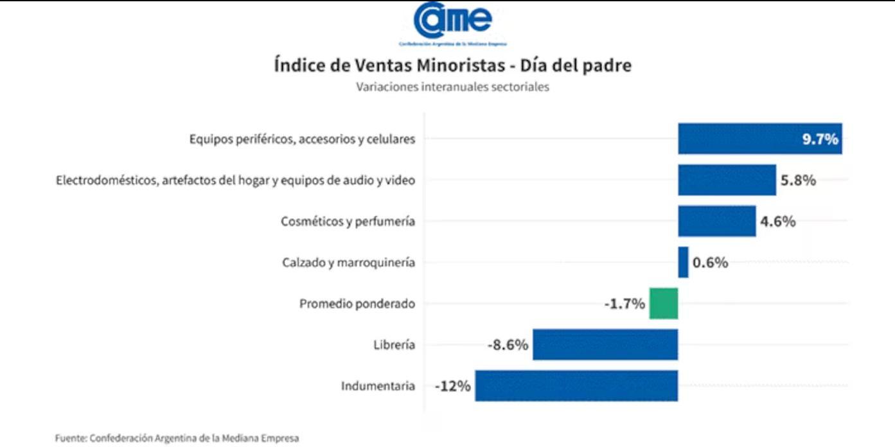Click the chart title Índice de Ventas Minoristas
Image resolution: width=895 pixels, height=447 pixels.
click(x=452, y=66)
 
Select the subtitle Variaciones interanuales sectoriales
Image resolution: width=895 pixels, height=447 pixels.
click(x=452, y=87)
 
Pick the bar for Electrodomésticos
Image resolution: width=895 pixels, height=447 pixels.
click(x=727, y=180)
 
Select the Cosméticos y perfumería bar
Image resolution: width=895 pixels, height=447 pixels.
click(x=716, y=221)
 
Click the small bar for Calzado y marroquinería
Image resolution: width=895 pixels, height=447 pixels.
click(x=683, y=262)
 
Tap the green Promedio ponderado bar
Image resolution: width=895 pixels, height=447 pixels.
click(x=663, y=303)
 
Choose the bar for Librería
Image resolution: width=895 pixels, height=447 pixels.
click(x=605, y=344)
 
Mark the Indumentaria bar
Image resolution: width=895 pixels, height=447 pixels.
click(x=576, y=385)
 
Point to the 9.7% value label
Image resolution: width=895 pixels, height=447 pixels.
click(x=820, y=139)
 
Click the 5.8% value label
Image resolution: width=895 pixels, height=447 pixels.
click(x=798, y=180)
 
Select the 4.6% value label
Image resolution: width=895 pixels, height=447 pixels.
click(x=778, y=222)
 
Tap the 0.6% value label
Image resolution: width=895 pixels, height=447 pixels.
click(x=710, y=263)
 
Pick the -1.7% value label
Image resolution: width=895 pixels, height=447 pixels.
click(x=625, y=304)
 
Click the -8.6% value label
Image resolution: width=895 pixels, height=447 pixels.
click(x=508, y=345)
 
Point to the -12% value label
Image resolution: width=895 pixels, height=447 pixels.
click(x=453, y=387)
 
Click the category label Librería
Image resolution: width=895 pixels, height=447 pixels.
click(x=394, y=345)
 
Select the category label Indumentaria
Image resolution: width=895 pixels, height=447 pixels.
click(x=378, y=386)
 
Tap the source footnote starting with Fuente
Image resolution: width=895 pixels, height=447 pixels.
click(x=177, y=438)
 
